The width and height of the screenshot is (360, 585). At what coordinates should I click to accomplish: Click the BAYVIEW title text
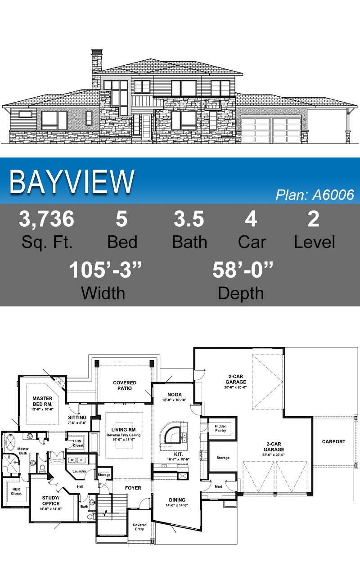tap(72, 181)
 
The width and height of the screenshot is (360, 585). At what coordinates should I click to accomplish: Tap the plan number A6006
tap(333, 195)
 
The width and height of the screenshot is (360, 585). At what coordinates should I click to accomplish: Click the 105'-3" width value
tap(105, 270)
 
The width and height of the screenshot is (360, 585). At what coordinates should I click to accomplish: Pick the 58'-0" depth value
tap(243, 270)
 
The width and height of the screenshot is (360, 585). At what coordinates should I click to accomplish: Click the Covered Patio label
tap(125, 386)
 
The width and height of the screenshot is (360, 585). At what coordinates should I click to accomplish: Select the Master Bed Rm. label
tap(42, 401)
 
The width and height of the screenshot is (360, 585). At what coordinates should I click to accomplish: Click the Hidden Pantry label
tap(220, 428)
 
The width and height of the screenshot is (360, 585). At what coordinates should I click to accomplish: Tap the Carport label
tap(333, 441)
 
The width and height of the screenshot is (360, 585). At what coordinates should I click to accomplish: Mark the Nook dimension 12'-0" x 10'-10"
tap(174, 400)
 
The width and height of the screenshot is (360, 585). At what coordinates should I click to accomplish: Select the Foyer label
tap(133, 488)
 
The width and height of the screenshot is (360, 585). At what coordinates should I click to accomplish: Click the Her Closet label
tap(16, 491)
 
